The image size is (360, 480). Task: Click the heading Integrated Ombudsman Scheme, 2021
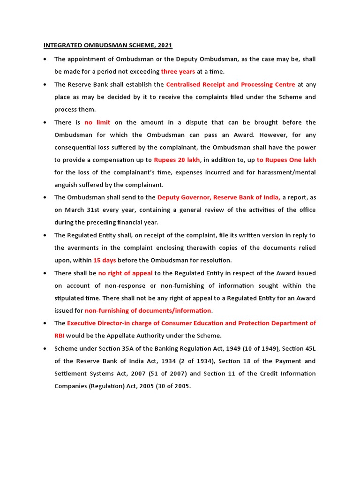108,45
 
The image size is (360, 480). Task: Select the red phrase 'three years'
178,72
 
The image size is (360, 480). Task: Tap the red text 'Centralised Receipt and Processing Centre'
231,84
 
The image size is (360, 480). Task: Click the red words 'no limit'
97,122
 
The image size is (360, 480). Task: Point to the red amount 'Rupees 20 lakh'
177,160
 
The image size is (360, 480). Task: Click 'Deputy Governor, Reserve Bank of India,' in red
218,197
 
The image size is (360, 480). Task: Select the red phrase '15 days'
105,260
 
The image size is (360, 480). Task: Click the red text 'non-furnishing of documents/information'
148,310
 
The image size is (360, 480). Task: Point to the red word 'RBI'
60,336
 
